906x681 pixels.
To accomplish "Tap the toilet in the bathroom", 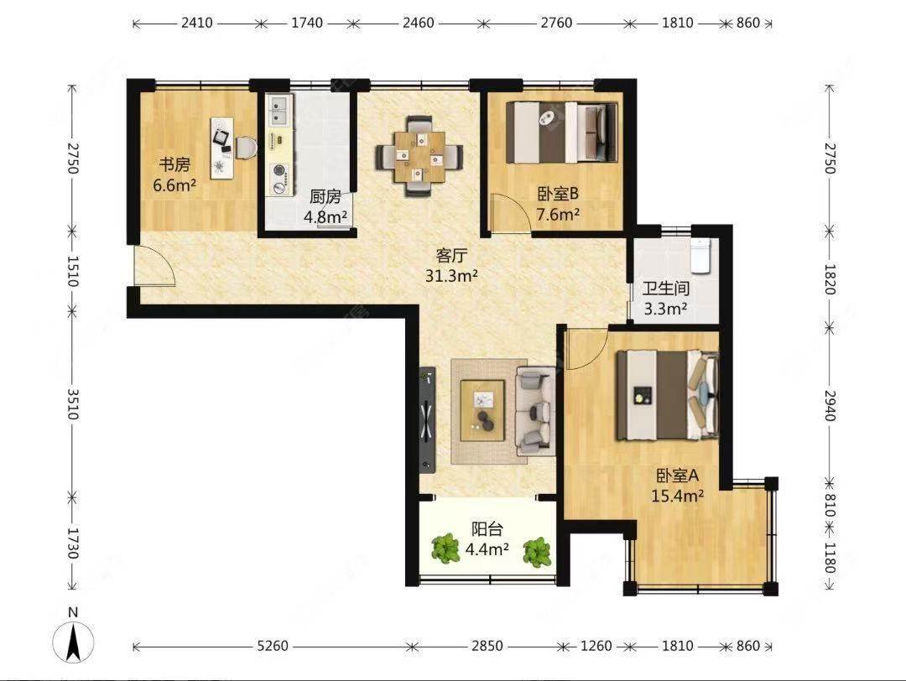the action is [x=700, y=255].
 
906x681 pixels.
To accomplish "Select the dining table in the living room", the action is [x=419, y=157].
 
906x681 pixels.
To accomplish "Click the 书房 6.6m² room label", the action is [x=174, y=175].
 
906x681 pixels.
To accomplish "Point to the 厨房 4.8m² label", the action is [x=325, y=207].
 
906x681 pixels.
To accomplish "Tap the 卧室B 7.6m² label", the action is [x=558, y=204].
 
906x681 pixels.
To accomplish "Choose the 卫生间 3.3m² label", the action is [x=665, y=298].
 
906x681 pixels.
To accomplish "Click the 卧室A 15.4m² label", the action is [x=677, y=486].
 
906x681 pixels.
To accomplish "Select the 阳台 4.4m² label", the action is [x=487, y=538].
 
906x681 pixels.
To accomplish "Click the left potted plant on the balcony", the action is [x=445, y=548].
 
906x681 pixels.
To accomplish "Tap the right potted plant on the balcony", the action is [x=538, y=552].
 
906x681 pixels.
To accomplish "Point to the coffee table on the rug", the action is [x=482, y=410].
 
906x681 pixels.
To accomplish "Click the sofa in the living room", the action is [x=535, y=411].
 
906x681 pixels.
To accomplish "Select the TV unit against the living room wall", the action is [x=427, y=420].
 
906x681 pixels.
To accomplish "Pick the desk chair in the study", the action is [x=245, y=147].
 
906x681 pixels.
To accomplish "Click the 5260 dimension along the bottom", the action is [x=272, y=646].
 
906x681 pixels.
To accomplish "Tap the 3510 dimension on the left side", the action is [x=73, y=404].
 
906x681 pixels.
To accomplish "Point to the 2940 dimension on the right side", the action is [x=830, y=405].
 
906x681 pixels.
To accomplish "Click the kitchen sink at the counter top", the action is [x=279, y=112].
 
